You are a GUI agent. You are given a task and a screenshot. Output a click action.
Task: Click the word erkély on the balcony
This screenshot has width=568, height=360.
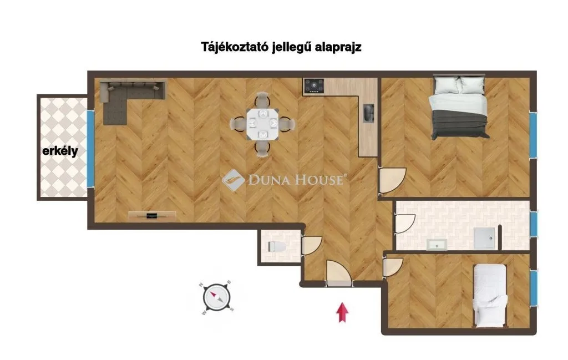pos(60,151)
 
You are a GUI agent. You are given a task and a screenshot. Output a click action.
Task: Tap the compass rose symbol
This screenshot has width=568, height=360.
pos(217,298)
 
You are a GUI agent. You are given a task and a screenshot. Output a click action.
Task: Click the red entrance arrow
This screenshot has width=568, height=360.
pos(342,312)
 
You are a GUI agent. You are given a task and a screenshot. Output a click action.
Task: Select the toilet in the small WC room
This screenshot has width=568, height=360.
pos(277,247)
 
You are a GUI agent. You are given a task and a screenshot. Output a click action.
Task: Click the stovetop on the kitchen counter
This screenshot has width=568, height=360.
pos(314,86)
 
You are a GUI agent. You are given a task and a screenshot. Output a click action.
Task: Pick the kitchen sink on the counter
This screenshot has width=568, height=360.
pos(368,113)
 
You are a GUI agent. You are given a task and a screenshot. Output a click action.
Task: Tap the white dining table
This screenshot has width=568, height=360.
pos(262,124)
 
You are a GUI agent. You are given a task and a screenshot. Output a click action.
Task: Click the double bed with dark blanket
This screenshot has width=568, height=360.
pos(459,107)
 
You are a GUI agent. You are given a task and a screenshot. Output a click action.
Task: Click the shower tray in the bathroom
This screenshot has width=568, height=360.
pos(484,238)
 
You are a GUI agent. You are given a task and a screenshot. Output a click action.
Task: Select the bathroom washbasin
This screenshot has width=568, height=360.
pos(437,245)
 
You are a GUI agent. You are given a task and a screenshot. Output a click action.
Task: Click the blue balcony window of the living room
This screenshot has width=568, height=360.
pos(90,149)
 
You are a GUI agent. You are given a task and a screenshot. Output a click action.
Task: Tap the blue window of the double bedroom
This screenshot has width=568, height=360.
pos(533,135)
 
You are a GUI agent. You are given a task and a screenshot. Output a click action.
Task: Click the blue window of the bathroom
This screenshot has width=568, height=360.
pos(533,225)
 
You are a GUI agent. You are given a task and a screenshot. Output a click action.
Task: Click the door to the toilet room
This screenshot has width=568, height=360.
pos(311,245)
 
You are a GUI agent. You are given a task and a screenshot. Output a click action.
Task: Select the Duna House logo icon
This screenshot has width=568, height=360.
pos(233,180)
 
